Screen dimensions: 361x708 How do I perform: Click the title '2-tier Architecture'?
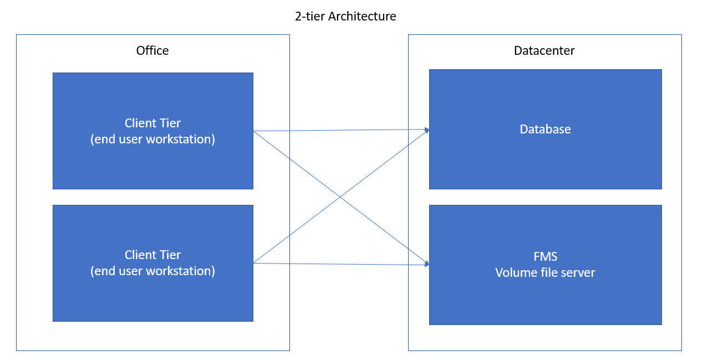(345, 17)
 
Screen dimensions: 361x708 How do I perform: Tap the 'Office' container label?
(152, 51)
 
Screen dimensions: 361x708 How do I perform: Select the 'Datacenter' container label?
(544, 51)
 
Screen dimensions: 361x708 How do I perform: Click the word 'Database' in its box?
(545, 129)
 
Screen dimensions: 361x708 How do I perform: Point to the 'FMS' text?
(545, 256)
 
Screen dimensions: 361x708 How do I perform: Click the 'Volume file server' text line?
(545, 272)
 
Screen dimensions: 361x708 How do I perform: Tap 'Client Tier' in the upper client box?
(152, 123)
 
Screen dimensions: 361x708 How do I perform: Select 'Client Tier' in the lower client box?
(152, 255)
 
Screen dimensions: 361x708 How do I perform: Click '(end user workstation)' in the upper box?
(152, 139)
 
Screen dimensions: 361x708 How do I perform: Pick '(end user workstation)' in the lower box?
(152, 271)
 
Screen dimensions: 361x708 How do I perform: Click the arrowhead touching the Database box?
(427, 130)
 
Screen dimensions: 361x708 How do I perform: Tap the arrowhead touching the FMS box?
(427, 264)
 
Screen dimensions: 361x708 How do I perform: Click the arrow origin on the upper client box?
(254, 131)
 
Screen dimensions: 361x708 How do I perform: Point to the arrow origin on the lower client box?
(254, 263)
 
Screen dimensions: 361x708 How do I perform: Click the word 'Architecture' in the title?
(362, 17)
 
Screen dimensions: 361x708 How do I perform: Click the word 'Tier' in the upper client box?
(169, 123)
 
